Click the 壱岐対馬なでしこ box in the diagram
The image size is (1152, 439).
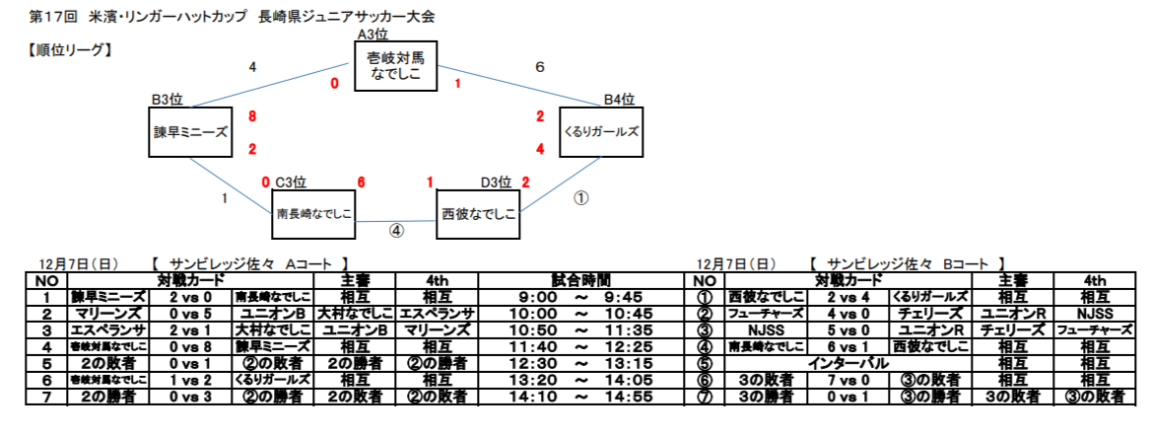coord(395,65)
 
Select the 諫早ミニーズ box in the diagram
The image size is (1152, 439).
coord(190,132)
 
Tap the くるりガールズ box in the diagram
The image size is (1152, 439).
coord(601,132)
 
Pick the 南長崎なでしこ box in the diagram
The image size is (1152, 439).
coord(313,214)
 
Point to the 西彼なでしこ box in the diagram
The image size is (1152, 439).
coord(478,214)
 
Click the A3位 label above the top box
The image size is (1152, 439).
coord(373,34)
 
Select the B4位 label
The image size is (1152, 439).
coord(619,100)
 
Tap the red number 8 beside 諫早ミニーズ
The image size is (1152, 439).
coord(252,116)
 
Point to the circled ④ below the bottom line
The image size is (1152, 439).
coord(396,231)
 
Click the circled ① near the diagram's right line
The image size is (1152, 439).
coord(580,198)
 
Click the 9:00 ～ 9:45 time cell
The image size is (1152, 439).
coord(580,297)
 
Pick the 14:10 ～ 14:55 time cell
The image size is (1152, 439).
coord(580,398)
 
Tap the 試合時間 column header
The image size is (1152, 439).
coord(580,280)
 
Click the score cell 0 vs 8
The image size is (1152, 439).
coord(190,347)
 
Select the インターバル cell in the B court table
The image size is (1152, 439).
coord(848,363)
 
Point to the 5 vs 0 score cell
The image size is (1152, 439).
coord(848,330)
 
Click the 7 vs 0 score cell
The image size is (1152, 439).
coord(848,380)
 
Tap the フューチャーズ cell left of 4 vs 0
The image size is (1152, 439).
coord(767,314)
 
